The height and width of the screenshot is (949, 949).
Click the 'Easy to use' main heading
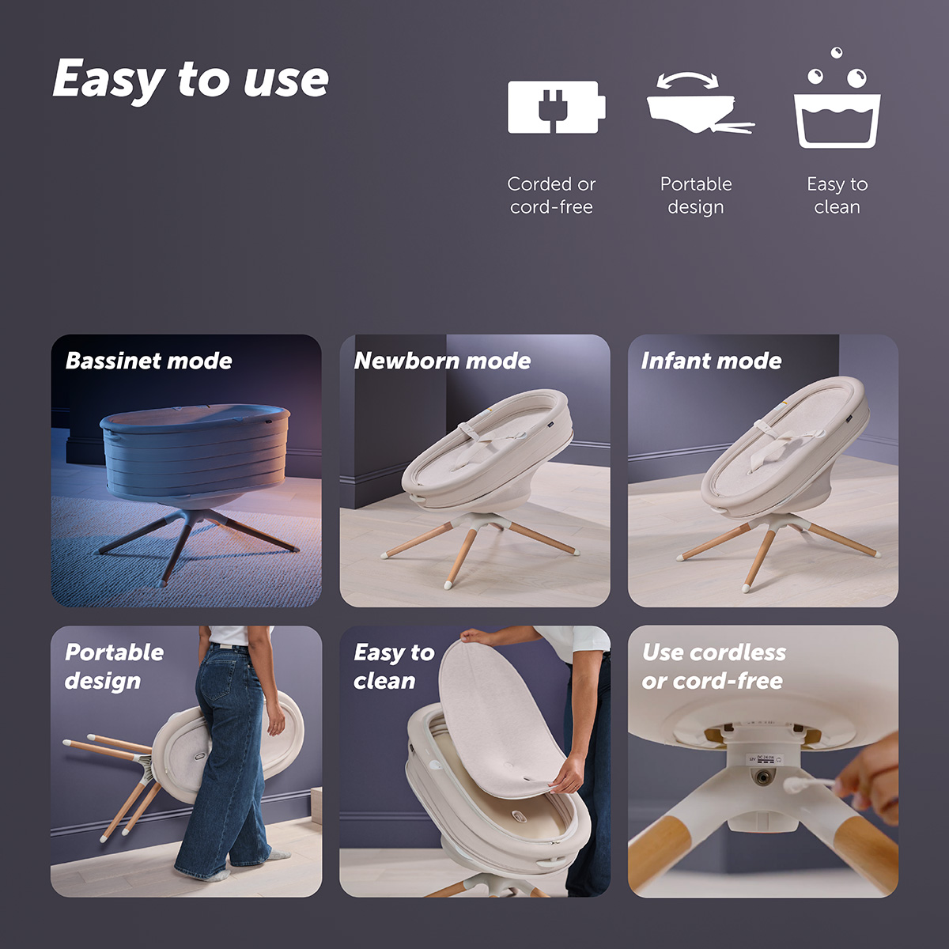click(191, 79)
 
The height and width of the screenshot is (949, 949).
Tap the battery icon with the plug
click(556, 107)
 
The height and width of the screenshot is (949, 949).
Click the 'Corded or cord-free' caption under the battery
click(551, 195)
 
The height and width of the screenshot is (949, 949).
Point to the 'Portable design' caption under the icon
click(696, 195)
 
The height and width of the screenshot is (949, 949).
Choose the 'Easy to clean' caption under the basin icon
click(837, 195)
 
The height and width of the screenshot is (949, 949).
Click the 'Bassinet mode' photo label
click(149, 361)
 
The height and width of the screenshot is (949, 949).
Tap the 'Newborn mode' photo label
click(442, 361)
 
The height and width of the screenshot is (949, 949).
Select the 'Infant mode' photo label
click(711, 361)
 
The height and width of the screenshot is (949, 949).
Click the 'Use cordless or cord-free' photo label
click(713, 667)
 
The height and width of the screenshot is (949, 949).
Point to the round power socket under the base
click(762, 778)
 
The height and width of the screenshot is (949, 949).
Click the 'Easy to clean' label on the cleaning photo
click(394, 667)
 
